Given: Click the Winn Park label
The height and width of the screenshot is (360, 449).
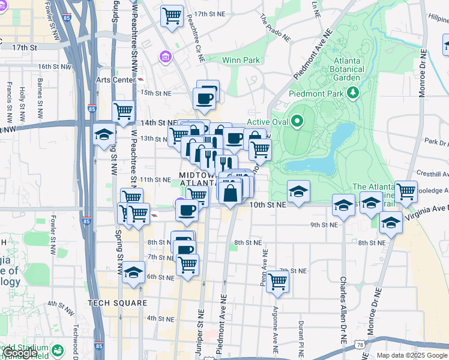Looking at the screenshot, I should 241,60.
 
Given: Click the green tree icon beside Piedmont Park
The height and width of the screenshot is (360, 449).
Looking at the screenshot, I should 353,93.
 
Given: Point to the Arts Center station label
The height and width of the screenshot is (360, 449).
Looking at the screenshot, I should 116,80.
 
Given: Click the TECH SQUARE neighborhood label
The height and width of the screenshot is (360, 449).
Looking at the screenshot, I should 117,303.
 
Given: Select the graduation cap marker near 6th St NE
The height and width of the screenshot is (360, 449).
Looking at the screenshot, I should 134,272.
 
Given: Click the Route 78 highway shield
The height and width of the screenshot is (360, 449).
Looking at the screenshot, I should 360,345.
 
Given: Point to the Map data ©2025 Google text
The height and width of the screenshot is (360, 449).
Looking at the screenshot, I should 411,355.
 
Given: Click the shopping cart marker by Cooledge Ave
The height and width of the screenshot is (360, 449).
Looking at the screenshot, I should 406,191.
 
